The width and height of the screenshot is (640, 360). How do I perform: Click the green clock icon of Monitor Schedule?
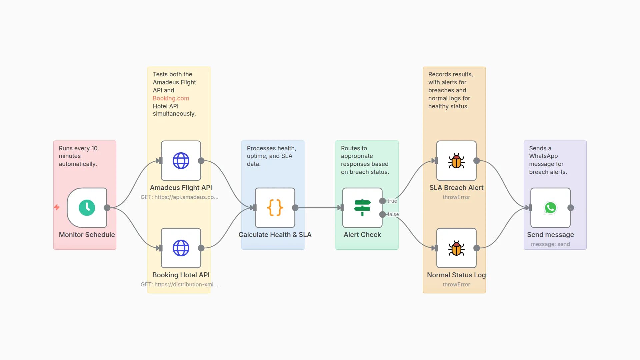87,208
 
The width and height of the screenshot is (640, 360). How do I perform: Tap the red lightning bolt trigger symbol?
57,207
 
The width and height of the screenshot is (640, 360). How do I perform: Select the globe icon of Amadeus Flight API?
181,161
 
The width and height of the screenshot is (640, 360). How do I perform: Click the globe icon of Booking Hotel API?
181,248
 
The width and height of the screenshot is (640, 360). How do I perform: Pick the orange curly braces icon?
275,208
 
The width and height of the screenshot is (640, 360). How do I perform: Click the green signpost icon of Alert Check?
362,208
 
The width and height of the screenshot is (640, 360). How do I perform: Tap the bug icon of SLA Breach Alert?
456,161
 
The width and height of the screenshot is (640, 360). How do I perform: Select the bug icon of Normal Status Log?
456,248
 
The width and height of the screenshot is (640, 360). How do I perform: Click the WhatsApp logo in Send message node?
550,208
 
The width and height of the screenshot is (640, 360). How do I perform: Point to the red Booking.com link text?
171,98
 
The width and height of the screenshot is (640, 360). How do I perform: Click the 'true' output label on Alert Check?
392,201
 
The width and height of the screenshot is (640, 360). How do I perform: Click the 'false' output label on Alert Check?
393,214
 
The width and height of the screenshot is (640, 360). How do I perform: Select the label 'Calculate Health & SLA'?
275,235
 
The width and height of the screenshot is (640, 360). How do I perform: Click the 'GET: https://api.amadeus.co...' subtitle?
180,197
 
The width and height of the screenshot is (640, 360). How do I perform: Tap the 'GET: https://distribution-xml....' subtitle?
180,284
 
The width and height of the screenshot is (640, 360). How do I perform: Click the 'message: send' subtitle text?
550,244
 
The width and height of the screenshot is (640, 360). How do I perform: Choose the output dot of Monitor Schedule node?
107,208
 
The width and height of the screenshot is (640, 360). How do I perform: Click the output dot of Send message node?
571,208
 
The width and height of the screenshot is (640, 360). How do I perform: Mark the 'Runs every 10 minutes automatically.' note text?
78,156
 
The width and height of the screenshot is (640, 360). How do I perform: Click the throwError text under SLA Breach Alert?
456,197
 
